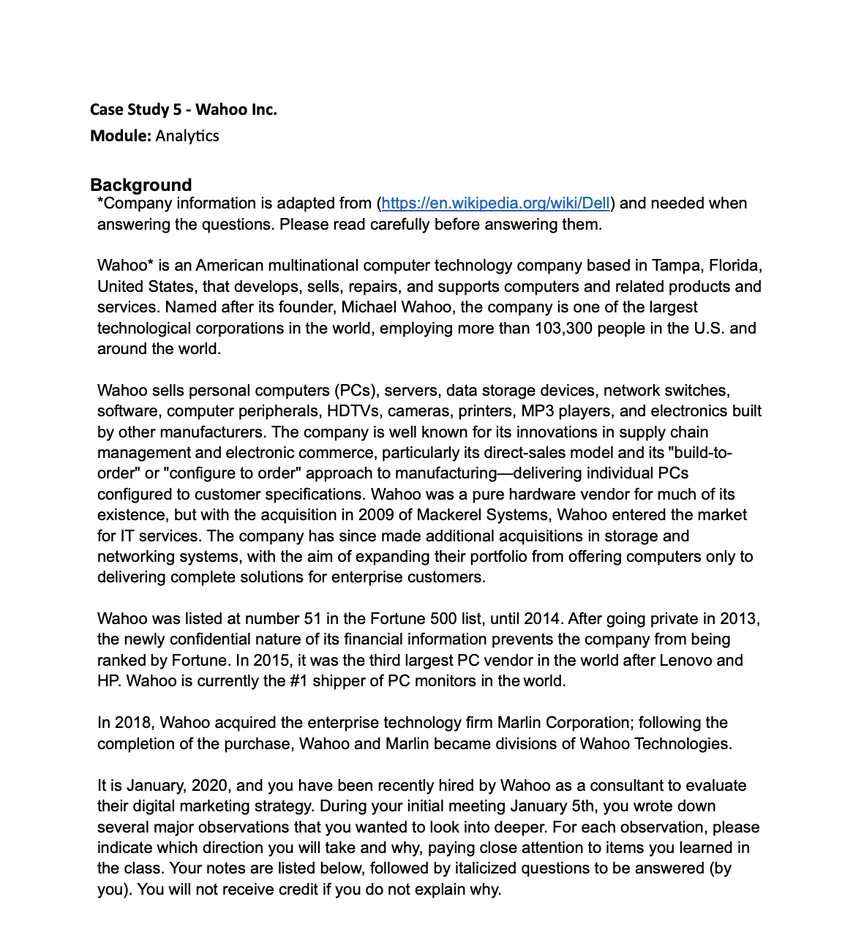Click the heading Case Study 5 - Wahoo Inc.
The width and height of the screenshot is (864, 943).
[183, 110]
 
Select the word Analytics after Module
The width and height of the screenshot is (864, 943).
[187, 136]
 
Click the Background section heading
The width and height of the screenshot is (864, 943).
[140, 185]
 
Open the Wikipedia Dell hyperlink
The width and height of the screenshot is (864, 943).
[495, 203]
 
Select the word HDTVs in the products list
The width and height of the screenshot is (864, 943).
[353, 411]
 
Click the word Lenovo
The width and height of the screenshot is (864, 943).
[686, 661]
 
